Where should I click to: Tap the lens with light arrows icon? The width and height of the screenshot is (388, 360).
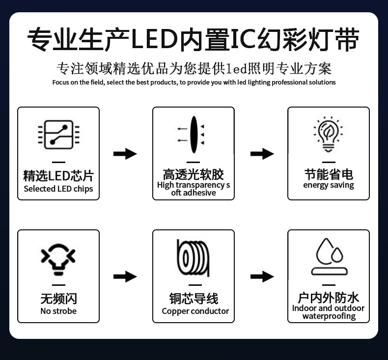(193, 134)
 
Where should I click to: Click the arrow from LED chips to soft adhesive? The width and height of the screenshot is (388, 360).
(125, 154)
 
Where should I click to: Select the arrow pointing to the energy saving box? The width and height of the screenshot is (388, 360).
(262, 154)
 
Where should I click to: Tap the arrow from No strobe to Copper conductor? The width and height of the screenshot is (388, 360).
(125, 277)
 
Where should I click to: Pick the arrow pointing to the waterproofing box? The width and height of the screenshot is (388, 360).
(262, 277)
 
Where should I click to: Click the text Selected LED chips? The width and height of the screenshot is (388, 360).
(58, 189)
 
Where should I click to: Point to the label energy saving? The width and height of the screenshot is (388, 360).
(329, 185)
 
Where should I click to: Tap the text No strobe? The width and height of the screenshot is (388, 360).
(58, 311)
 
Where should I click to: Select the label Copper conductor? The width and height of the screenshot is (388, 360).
(195, 311)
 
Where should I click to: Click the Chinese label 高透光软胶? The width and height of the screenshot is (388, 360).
(194, 174)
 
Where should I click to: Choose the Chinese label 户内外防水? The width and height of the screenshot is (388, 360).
(329, 297)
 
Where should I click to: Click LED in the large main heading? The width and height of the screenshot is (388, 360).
(154, 40)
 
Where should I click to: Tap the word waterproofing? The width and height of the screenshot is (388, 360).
(329, 316)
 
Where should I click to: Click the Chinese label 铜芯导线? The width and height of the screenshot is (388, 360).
(194, 298)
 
